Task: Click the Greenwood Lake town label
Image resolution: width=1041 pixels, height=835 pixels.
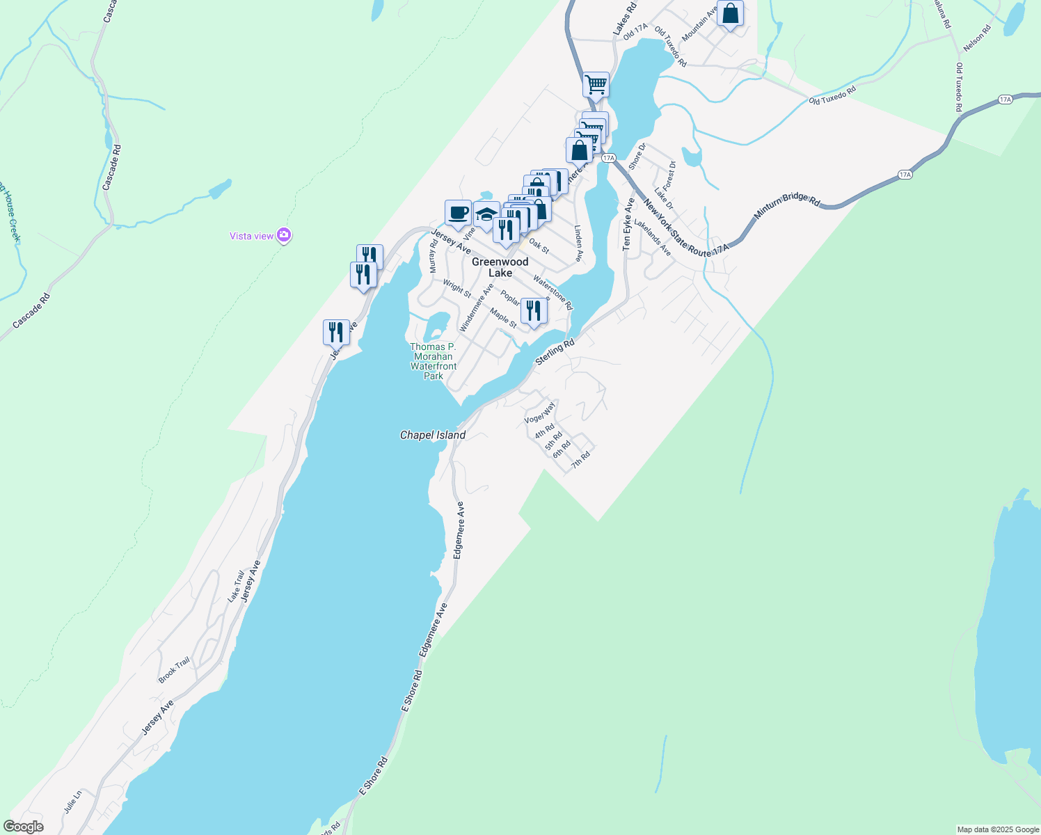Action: tap(500, 267)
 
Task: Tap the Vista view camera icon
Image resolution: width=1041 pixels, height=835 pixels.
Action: tap(283, 236)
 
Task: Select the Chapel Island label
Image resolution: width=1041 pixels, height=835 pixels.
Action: tap(432, 435)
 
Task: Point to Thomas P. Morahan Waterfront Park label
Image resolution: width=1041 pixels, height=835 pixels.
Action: tap(433, 361)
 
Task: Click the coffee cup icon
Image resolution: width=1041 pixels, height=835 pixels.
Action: tap(458, 213)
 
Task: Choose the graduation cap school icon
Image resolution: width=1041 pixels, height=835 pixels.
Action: tap(486, 214)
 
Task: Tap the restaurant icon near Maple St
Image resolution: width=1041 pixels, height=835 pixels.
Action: tap(534, 310)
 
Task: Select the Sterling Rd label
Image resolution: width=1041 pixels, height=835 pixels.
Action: tap(555, 352)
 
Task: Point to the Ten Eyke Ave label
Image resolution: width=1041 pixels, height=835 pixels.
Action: tap(628, 224)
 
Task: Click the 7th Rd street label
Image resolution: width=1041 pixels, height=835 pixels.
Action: tap(580, 460)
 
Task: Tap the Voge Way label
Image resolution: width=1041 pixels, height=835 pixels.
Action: tap(540, 413)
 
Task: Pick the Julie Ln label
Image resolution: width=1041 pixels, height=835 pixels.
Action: tap(72, 802)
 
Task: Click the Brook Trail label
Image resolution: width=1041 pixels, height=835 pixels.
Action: tap(174, 670)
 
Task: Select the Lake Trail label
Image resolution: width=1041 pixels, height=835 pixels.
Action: tap(237, 586)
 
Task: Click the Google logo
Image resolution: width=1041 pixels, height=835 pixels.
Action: tap(22, 827)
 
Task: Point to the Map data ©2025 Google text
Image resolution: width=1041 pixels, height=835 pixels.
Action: tap(998, 829)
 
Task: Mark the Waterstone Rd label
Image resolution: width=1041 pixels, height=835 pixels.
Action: tap(553, 293)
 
